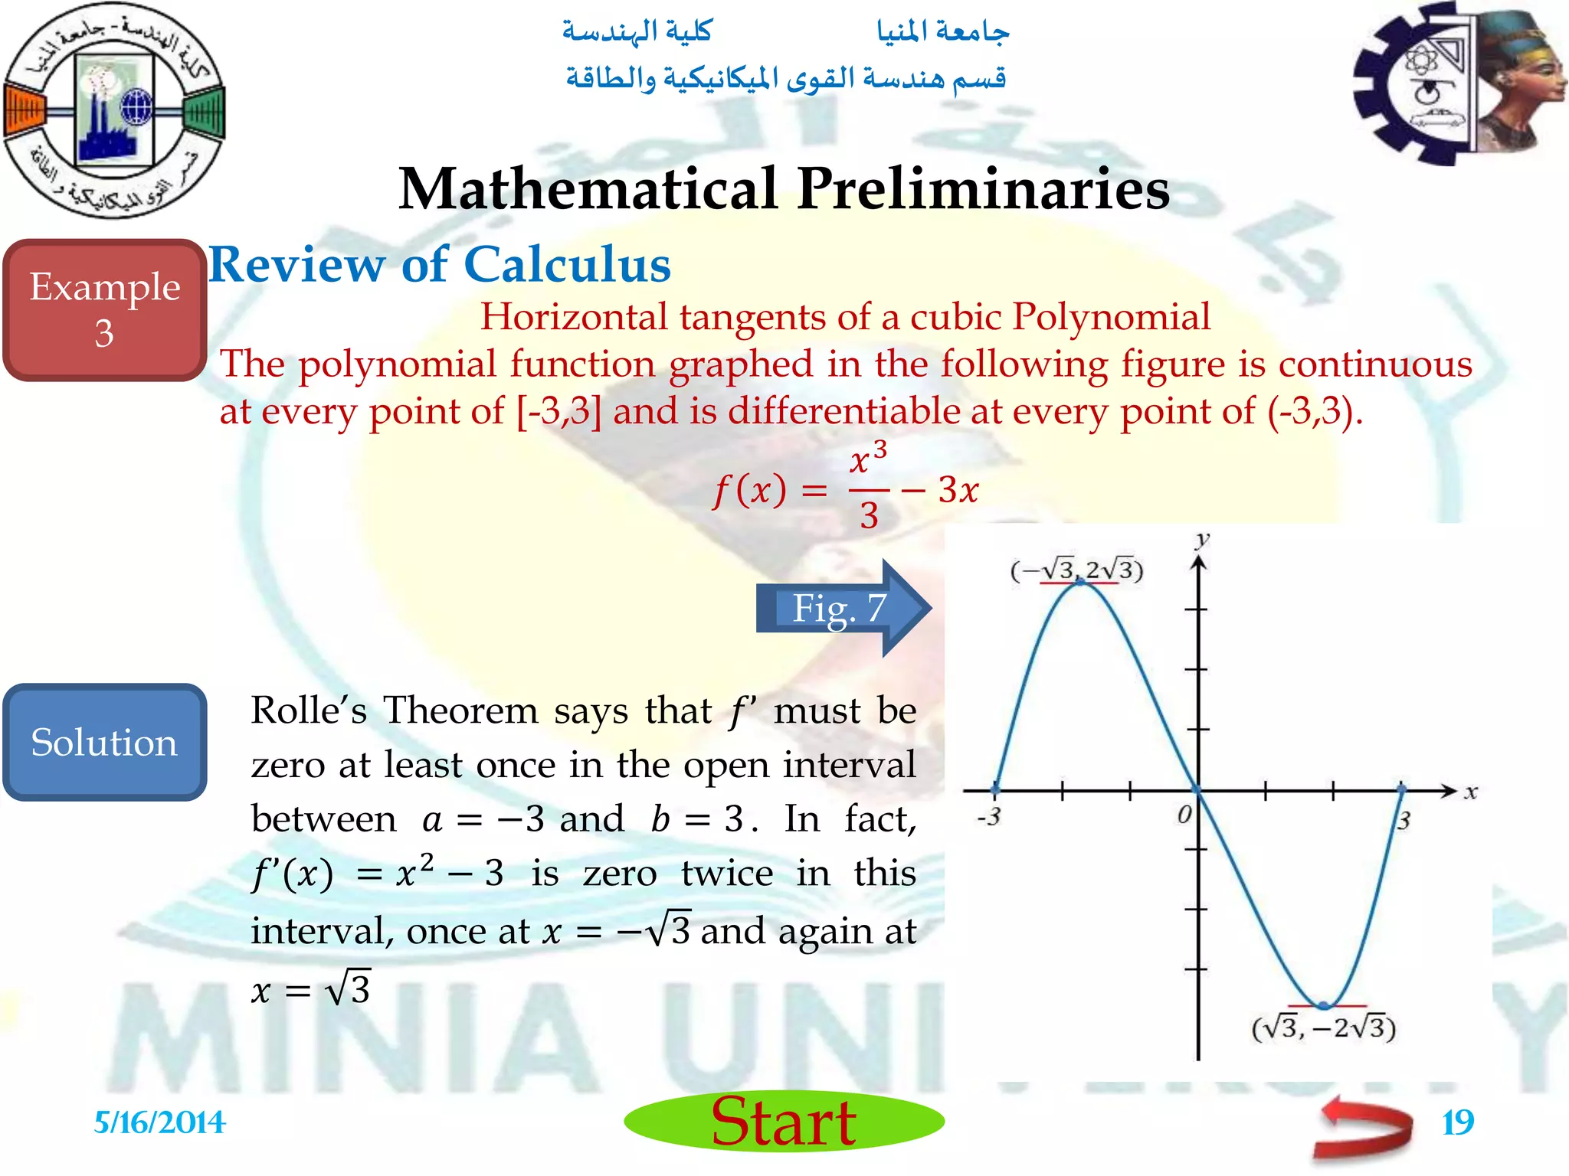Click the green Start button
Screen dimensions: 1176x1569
coord(784,1122)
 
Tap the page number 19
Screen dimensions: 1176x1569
coord(1457,1122)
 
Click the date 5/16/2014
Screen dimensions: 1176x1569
coord(159,1122)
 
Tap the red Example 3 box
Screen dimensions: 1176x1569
coord(105,309)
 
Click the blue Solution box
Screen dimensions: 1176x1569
coord(105,742)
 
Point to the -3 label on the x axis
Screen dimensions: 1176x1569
coord(989,816)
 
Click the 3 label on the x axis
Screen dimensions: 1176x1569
coord(1404,821)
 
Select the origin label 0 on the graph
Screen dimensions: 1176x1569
coord(1184,814)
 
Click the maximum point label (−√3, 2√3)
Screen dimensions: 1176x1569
coord(1076,570)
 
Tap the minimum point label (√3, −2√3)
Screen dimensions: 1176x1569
coord(1323,1027)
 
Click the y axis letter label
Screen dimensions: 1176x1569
coord(1202,540)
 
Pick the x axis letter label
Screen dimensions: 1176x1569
coord(1470,792)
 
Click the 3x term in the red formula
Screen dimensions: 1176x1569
coord(958,490)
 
